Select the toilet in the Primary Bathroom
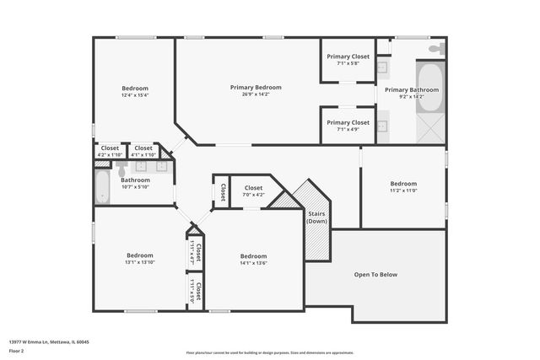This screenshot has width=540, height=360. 435,50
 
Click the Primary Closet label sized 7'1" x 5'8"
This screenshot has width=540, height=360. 348,56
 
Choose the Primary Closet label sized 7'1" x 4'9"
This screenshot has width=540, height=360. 348,122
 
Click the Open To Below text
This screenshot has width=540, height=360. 375,274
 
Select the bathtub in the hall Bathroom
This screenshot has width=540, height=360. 103,187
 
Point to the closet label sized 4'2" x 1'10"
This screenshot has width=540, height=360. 110,148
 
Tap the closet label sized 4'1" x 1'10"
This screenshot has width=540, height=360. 143,148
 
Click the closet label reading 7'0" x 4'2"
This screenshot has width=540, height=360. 253,188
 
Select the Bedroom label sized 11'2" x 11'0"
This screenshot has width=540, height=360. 403,184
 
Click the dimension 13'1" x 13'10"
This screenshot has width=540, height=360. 140,262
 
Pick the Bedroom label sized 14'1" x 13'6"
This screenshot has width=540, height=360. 253,256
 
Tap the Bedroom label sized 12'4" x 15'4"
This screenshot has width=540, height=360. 135,89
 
